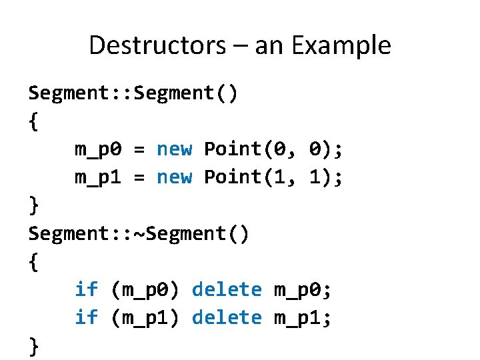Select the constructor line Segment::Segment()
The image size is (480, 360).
pos(132,93)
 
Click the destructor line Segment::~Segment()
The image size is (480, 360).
pos(139,233)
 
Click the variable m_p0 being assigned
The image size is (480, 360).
pos(97,149)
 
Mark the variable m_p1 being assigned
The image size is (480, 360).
pos(97,177)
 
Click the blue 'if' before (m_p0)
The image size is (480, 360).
pos(85,289)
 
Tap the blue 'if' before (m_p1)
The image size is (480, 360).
pos(85,317)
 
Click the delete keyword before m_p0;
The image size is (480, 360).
pos(227,289)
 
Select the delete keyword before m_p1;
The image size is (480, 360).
pos(227,317)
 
